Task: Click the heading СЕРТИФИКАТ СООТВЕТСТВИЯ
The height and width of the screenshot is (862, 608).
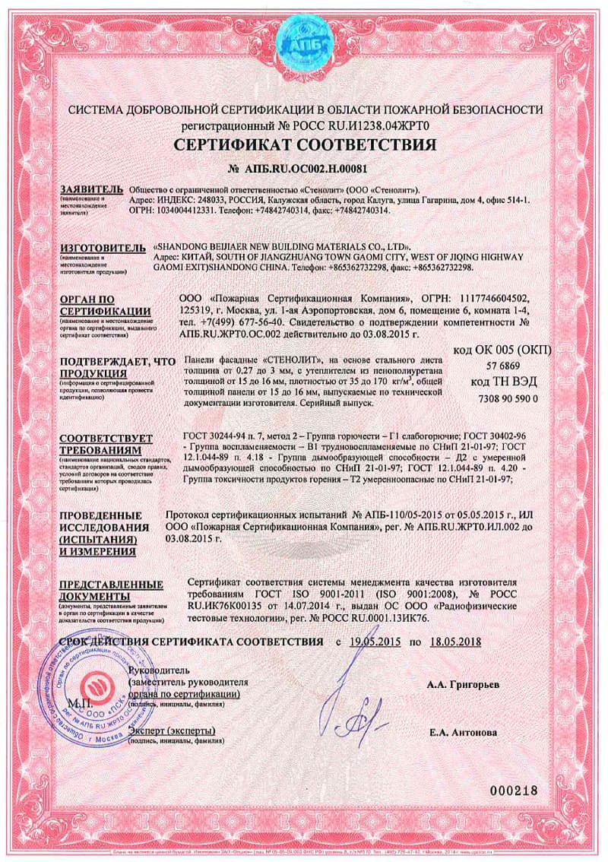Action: tap(305, 144)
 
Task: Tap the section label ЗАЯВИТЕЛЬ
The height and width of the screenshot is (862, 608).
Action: tap(90, 188)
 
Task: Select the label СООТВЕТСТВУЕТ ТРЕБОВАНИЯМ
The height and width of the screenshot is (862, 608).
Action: tap(96, 443)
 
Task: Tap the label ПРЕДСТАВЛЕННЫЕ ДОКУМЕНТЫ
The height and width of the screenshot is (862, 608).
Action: tap(111, 589)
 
